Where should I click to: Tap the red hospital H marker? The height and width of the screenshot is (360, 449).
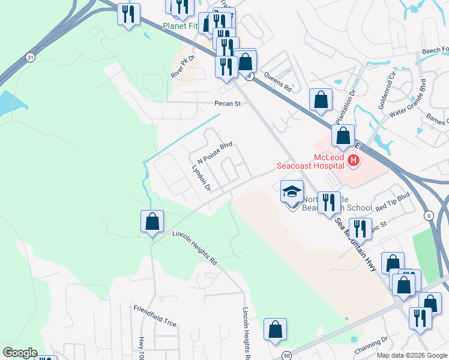354,160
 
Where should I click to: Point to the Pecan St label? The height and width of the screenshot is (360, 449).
228,104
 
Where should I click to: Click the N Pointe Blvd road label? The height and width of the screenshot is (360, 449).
214,153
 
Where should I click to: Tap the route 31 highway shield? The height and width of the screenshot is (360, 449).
30,57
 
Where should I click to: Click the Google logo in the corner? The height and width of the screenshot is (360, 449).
20,353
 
